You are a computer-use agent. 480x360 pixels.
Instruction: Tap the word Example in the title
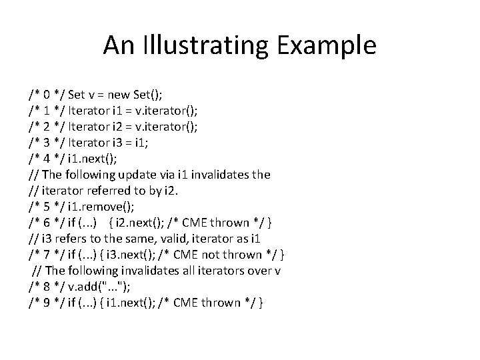329,45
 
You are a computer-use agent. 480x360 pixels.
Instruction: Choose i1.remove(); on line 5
103,207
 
